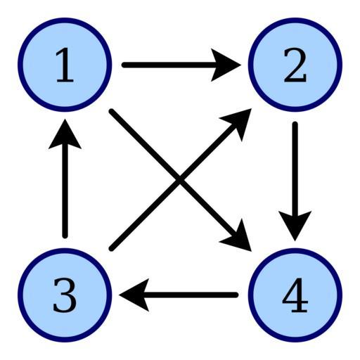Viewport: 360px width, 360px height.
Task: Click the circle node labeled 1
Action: tap(65, 65)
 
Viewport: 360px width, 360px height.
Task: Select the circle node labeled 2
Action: tap(295, 65)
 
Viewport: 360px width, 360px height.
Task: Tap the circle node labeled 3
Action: tap(65, 295)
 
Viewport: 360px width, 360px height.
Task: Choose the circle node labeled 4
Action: tap(295, 295)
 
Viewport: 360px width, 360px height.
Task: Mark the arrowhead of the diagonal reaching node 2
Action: tap(239, 121)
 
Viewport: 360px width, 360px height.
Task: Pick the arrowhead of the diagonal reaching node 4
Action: tap(239, 238)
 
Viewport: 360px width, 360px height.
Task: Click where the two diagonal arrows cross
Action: tap(180, 180)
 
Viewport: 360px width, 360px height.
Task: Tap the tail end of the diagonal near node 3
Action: tap(112, 248)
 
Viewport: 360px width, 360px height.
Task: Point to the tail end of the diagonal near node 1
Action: tap(112, 111)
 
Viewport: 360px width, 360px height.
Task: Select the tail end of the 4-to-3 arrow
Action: tap(236, 295)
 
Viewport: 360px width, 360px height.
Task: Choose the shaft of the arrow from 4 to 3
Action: tap(190, 295)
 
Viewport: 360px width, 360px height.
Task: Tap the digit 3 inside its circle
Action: tap(65, 295)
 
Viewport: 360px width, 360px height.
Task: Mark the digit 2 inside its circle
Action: tap(295, 65)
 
